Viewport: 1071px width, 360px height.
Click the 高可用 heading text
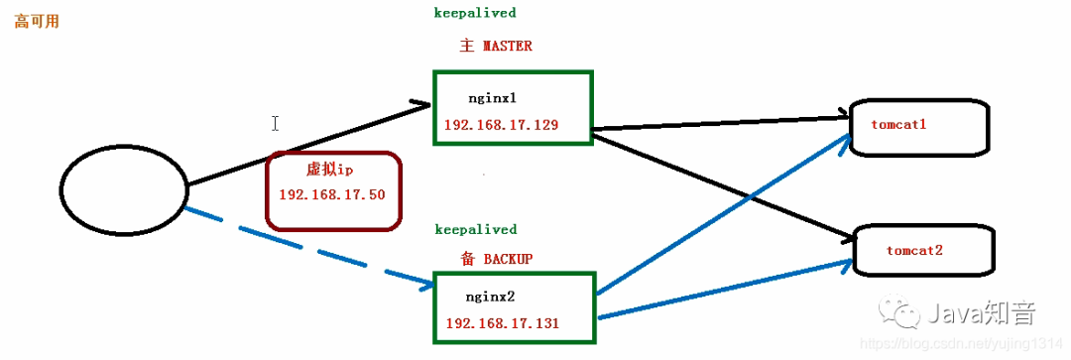(x=37, y=21)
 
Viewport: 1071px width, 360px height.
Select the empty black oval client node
(x=124, y=188)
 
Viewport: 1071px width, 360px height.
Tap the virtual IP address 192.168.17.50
(x=332, y=194)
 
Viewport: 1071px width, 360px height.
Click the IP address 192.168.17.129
(x=502, y=126)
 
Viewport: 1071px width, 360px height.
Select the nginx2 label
(x=490, y=297)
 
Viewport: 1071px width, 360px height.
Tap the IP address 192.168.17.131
(x=503, y=323)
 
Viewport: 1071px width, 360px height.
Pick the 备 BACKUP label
(x=497, y=258)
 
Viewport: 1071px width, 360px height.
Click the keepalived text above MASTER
(x=475, y=13)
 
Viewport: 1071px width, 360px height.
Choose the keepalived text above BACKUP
(x=475, y=229)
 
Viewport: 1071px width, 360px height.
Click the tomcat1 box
(x=919, y=127)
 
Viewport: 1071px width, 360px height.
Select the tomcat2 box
(x=922, y=251)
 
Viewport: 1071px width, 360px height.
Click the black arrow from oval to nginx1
(x=307, y=144)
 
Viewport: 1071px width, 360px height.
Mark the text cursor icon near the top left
(x=275, y=123)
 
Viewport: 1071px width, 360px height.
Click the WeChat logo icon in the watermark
(x=905, y=314)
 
